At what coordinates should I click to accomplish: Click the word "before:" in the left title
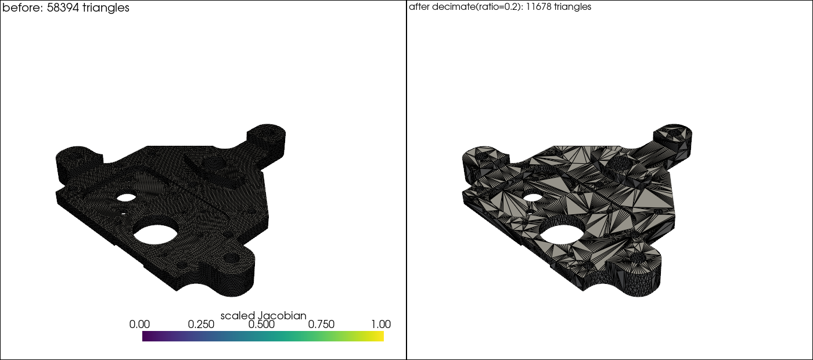23,8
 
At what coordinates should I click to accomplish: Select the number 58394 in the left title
63,8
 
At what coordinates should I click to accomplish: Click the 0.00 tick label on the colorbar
139,325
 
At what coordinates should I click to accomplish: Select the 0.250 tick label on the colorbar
201,325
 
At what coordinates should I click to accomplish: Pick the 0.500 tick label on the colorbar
261,325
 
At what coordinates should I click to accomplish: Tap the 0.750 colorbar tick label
321,325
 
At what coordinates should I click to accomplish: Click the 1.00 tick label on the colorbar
381,325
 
